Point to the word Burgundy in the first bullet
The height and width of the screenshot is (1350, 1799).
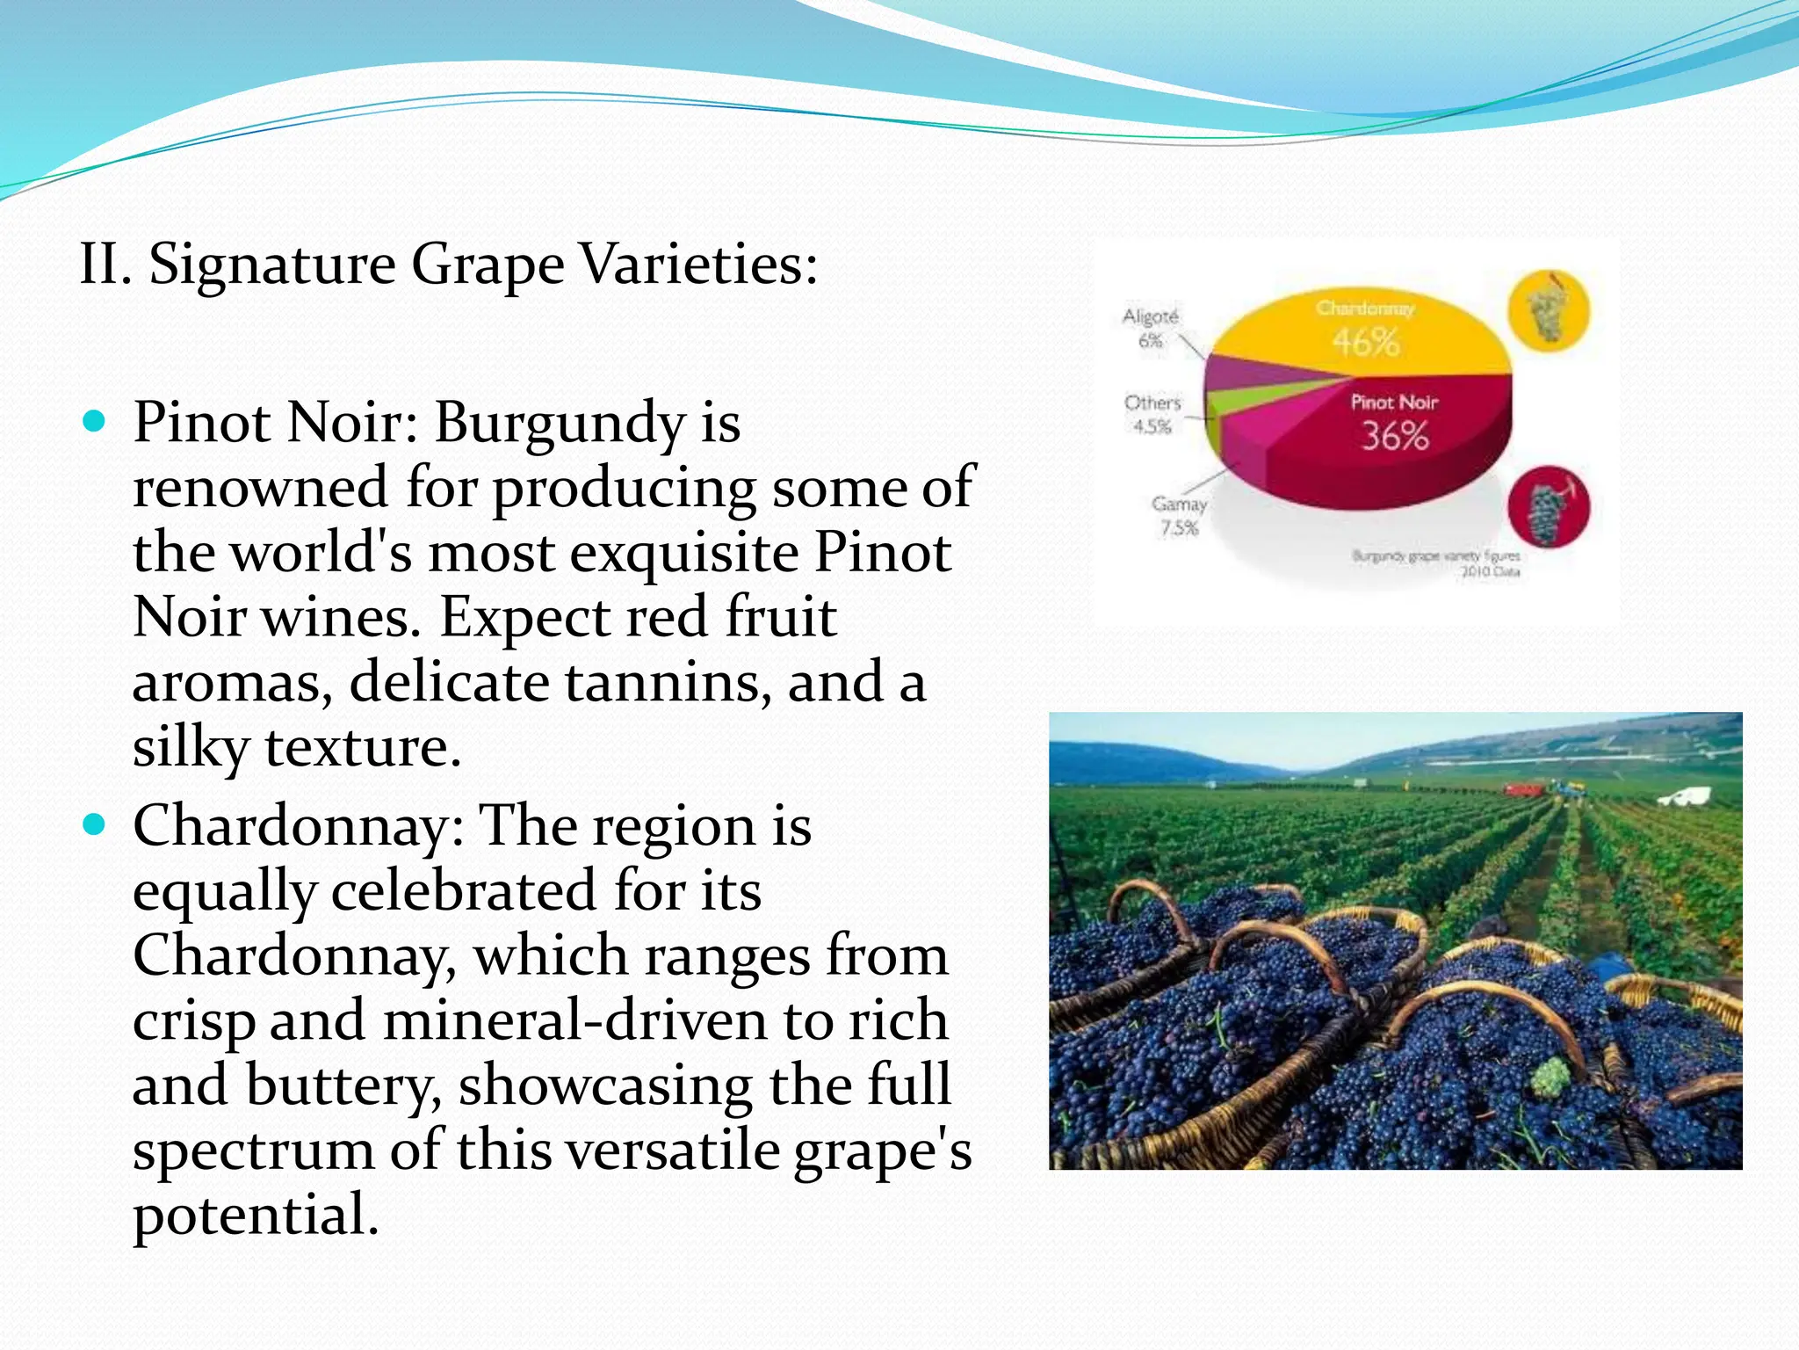click(559, 424)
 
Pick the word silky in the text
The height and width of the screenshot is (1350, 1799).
click(191, 748)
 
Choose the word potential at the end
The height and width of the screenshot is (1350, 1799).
click(255, 1215)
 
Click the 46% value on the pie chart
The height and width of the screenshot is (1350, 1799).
click(1366, 341)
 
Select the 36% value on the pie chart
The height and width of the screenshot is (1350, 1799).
click(1395, 436)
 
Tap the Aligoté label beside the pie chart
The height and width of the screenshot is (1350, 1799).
click(1151, 316)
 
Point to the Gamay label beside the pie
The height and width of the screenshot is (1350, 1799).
click(1179, 504)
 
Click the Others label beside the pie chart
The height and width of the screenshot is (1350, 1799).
click(1152, 403)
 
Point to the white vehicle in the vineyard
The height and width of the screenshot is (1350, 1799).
click(1685, 797)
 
